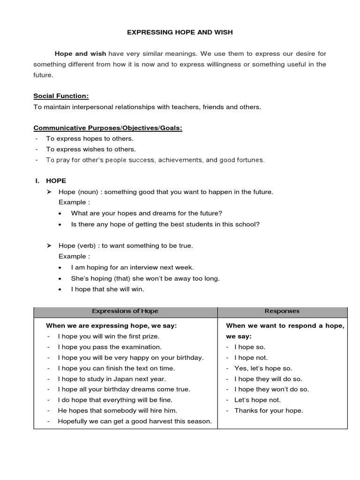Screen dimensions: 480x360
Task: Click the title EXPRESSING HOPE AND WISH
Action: [180, 32]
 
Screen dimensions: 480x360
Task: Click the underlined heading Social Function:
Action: [61, 96]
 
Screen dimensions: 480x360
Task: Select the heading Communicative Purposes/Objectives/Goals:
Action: [108, 128]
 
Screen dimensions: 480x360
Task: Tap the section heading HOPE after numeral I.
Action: [56, 181]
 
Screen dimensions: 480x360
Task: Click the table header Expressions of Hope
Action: [125, 311]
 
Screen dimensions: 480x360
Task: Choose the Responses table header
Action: [282, 311]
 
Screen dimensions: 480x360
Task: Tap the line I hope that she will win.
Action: [107, 289]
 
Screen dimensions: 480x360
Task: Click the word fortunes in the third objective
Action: [249, 160]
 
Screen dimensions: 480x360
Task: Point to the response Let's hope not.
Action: [257, 400]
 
